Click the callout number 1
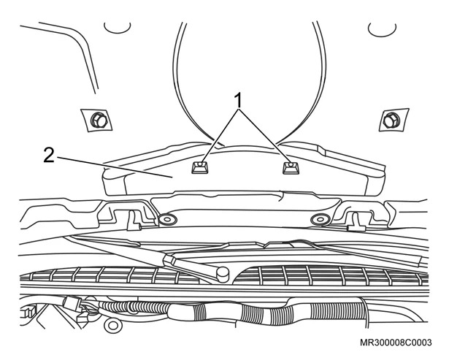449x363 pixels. (238, 100)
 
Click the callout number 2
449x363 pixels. (49, 156)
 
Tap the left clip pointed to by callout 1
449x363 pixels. (200, 167)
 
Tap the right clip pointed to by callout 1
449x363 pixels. (291, 167)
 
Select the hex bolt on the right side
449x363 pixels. (391, 120)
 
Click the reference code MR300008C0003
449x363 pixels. (396, 343)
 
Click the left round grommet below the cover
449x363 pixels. (167, 220)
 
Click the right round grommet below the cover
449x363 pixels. (320, 219)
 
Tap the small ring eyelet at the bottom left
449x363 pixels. (113, 326)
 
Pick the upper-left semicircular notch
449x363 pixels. (117, 28)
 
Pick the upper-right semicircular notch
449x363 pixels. (382, 29)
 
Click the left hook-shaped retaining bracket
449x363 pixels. (133, 220)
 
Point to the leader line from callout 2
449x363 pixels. (114, 167)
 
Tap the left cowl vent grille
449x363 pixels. (115, 275)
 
